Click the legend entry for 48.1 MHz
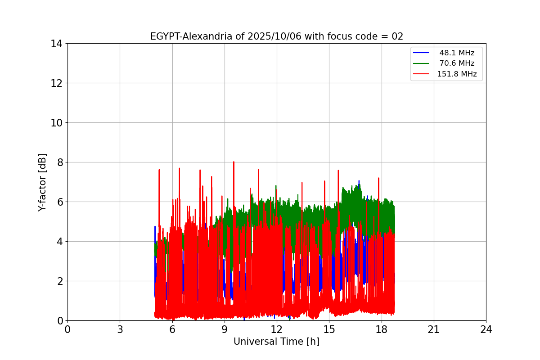[457, 53]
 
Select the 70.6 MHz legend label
[457, 63]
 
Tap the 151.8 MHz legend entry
[457, 74]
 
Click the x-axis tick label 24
[486, 329]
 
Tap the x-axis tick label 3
[120, 329]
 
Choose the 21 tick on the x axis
[434, 329]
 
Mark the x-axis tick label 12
[277, 329]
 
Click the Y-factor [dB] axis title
[43, 182]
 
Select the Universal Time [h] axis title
[276, 342]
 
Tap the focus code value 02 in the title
[397, 36]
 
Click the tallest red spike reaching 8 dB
[234, 162]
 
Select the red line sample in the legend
[422, 74]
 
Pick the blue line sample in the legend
[422, 53]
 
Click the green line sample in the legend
[422, 63]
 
